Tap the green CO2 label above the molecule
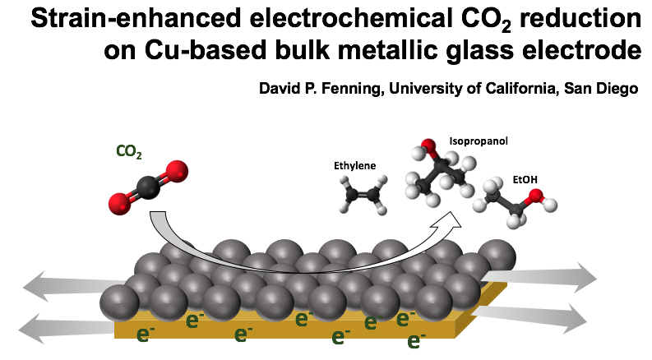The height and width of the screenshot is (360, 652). [x=128, y=151]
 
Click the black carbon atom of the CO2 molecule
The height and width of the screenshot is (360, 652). [x=149, y=188]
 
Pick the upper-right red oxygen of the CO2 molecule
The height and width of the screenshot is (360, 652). [x=176, y=172]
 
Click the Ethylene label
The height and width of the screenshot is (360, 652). [x=354, y=166]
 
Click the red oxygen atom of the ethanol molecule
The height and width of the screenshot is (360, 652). [x=535, y=196]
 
